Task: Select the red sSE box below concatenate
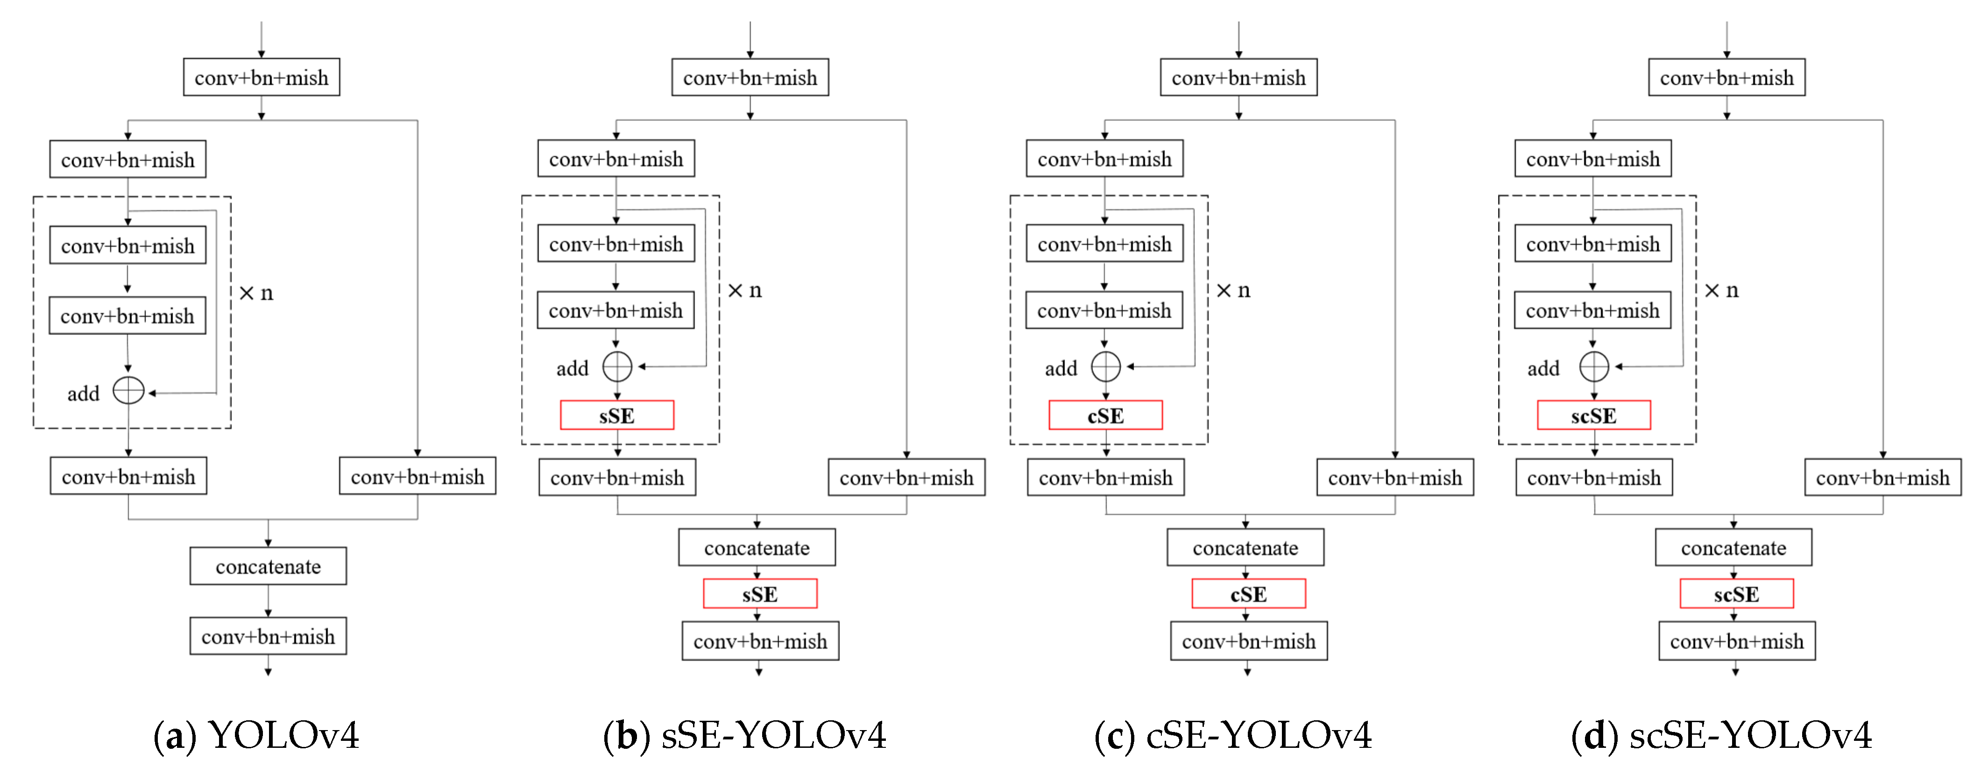759,594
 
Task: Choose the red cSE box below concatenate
1248,594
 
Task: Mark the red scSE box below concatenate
1736,594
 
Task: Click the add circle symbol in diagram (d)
1594,367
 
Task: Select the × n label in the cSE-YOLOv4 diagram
1232,290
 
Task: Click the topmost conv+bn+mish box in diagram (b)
750,77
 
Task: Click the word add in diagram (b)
572,368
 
